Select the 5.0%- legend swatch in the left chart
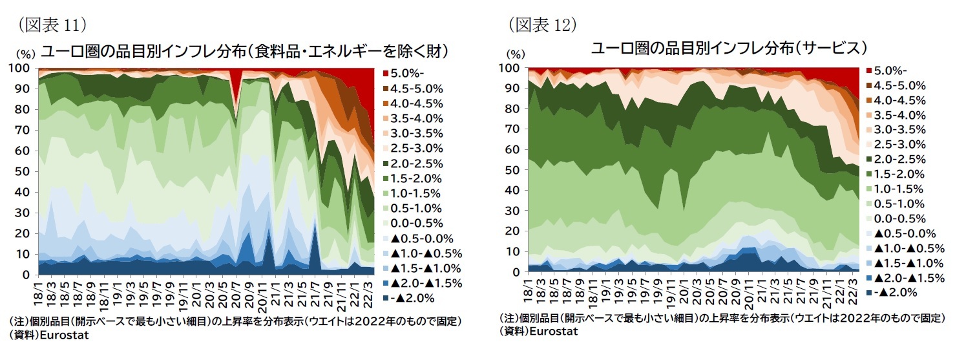386,72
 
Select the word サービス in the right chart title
836,48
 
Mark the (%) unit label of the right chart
516,54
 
